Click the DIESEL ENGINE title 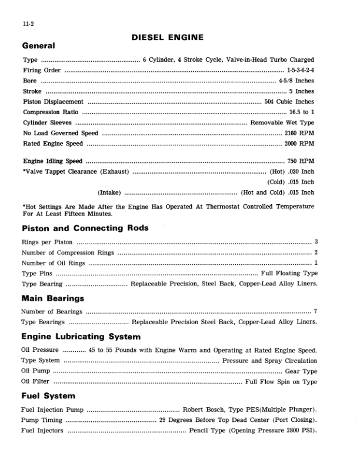168,37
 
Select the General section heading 38,46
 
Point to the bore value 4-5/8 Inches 297,81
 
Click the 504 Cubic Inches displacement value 289,102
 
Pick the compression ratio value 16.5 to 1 301,112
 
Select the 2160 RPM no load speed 299,133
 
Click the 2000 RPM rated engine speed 299,144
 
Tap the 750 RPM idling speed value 301,161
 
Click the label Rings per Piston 47,242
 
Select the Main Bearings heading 52,298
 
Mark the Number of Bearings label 51,311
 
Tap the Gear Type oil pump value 301,371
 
